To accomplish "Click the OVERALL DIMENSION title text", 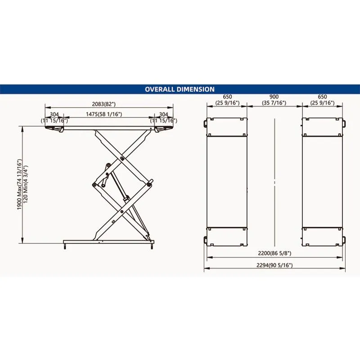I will coord(180,89).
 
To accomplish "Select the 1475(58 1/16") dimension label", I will coord(104,114).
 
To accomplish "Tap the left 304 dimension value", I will coord(54,114).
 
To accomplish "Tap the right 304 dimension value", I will coord(163,114).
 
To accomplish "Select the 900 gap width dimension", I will coord(274,97).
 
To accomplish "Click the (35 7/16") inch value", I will coord(274,103).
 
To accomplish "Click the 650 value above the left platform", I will coord(227,97).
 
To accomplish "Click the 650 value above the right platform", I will coord(322,97).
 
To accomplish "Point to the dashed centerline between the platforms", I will coord(274,180).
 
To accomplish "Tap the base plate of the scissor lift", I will coord(108,242).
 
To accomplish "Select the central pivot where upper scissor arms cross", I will coord(122,157).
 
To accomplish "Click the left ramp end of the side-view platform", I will coord(53,129).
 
